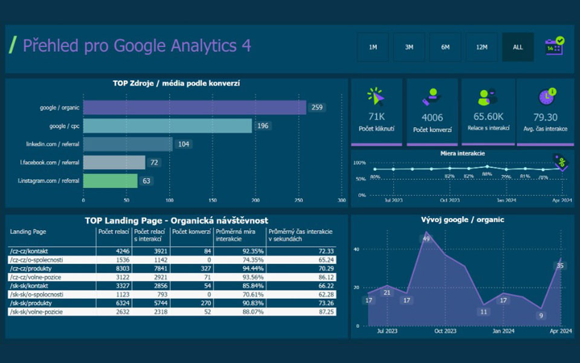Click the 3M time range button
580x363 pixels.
click(409, 47)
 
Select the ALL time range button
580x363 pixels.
click(518, 47)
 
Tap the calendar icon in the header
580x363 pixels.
click(554, 47)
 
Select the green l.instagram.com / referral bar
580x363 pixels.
click(110, 181)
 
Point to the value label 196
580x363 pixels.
click(262, 126)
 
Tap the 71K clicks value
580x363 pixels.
click(376, 117)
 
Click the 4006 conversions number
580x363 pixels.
click(432, 117)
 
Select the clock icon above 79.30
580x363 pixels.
click(546, 97)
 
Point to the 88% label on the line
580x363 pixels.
click(487, 174)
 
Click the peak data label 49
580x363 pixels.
click(427, 239)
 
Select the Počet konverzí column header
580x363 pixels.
click(191, 231)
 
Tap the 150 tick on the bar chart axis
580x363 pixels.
click(212, 200)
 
